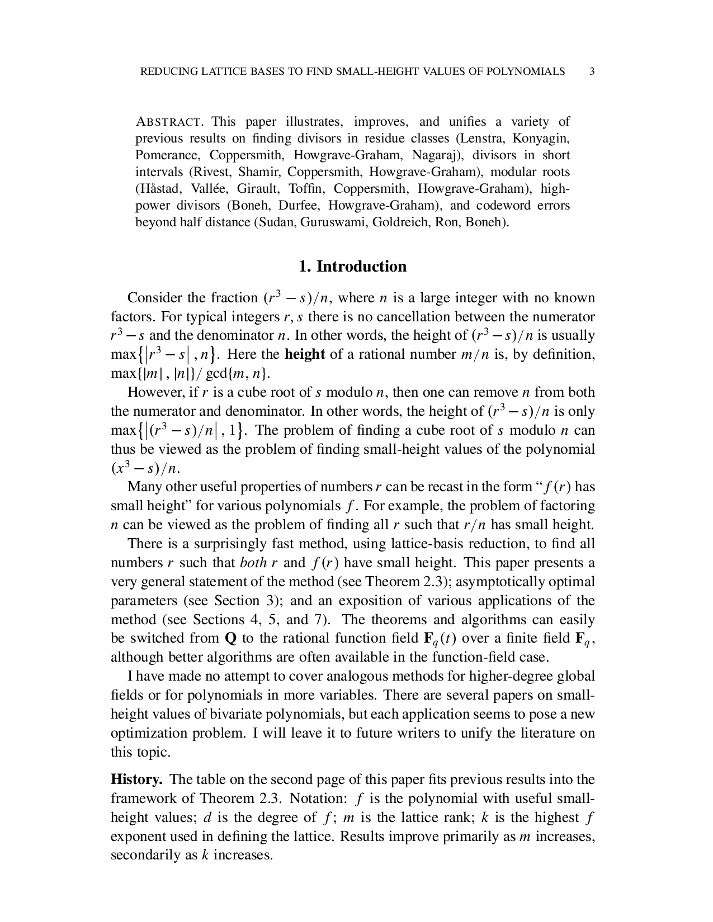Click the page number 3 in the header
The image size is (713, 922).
point(592,72)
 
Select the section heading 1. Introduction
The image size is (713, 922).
point(353,266)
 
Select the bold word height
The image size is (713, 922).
point(305,354)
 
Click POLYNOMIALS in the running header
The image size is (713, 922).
point(525,72)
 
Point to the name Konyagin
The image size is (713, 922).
point(541,138)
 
